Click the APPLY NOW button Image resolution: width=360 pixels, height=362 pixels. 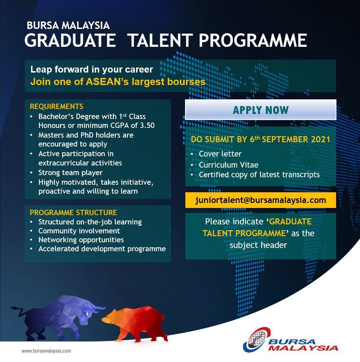point(260,110)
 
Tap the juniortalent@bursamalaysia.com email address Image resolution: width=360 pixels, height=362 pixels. point(260,200)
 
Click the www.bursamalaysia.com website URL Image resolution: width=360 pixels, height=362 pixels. point(46,351)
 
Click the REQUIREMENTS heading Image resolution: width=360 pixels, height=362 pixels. point(56,106)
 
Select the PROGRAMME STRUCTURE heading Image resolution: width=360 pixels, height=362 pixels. point(73,213)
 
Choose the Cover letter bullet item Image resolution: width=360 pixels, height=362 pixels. point(220,154)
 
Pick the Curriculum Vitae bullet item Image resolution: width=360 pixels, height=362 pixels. point(229,165)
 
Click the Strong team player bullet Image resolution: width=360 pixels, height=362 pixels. point(70,173)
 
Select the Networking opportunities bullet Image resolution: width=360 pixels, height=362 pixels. point(81,240)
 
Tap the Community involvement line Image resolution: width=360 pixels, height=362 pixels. point(79,231)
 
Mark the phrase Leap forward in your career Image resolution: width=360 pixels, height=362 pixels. point(92,69)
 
